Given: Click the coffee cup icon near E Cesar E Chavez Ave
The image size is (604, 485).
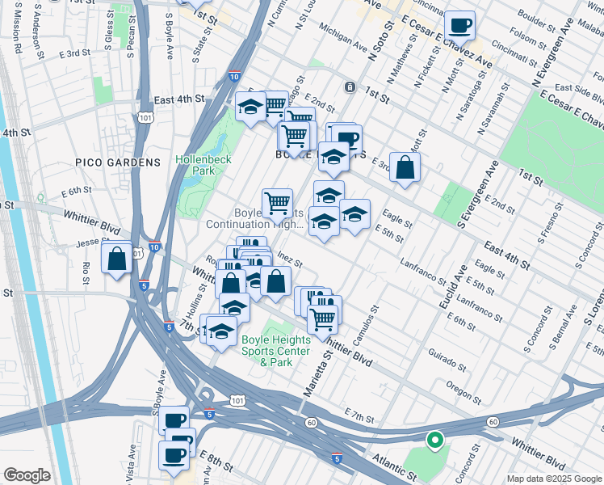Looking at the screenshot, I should click(459, 25).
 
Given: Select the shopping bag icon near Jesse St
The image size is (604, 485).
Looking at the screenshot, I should click(116, 259).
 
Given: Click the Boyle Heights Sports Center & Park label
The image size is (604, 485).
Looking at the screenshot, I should click(275, 352).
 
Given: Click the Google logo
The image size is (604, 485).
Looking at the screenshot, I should click(27, 475).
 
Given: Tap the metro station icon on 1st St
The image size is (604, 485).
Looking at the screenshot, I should click(350, 86).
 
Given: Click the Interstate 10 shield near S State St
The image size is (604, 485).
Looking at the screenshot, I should click(233, 76).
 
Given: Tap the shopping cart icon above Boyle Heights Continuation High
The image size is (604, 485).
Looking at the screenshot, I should click(277, 201).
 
